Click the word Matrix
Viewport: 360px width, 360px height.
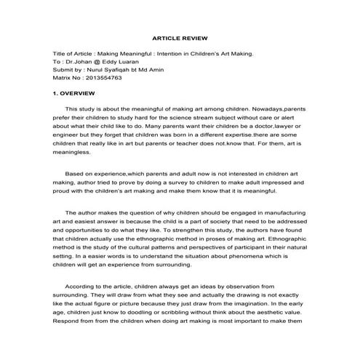click(63, 77)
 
